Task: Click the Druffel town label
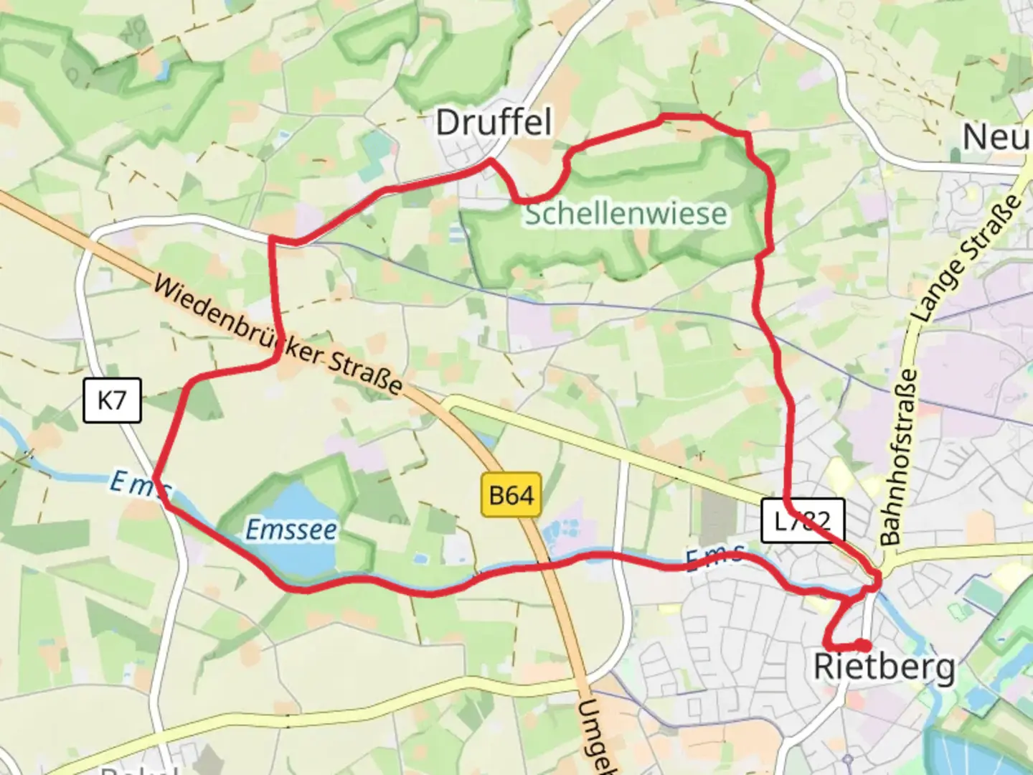494,123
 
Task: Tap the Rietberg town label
884,667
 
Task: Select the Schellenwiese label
626,214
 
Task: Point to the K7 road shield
112,400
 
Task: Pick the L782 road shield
803,520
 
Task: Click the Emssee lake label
291,530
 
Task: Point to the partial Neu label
996,137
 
